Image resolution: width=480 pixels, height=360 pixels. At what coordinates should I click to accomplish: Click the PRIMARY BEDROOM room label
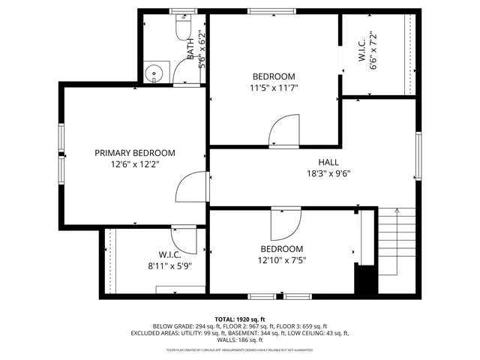pyautogui.click(x=135, y=152)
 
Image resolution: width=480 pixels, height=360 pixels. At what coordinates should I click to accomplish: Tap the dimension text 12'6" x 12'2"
pyautogui.click(x=135, y=163)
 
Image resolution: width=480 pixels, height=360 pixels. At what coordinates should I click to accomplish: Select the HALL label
pyautogui.click(x=328, y=161)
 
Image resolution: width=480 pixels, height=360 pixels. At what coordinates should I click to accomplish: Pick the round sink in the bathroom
pyautogui.click(x=154, y=73)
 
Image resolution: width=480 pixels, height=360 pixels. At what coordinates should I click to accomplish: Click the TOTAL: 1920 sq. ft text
pyautogui.click(x=240, y=319)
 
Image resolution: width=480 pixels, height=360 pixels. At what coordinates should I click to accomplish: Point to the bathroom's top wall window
pyautogui.click(x=180, y=11)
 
